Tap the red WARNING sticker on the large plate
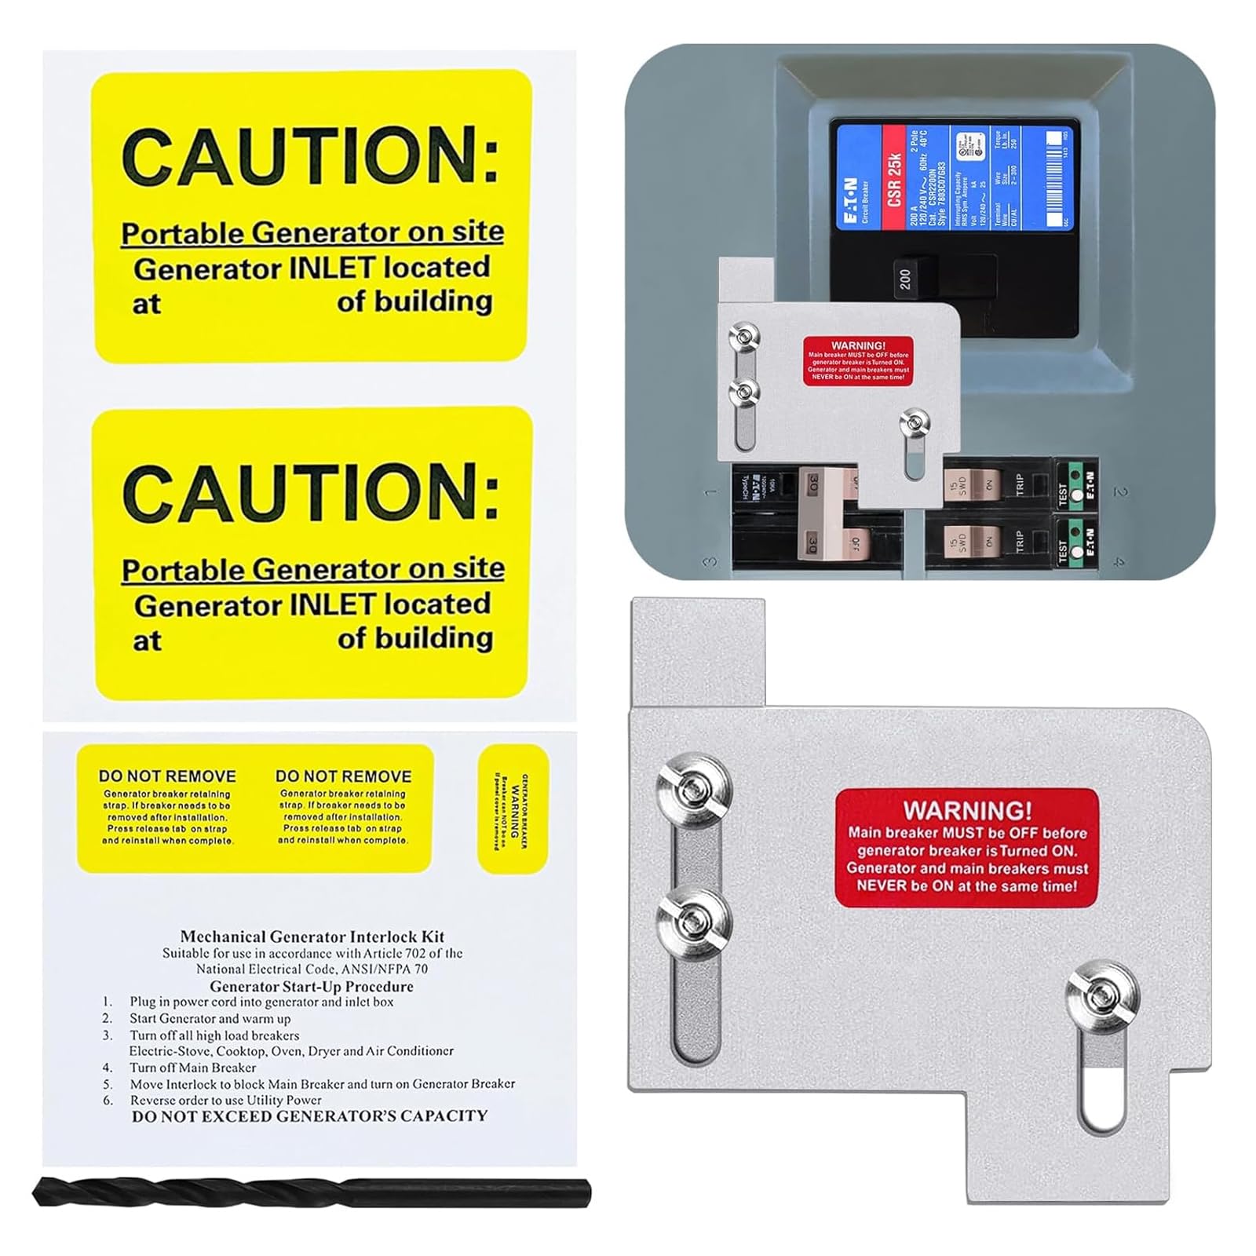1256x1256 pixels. coord(966,848)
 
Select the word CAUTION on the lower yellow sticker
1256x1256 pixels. coord(311,491)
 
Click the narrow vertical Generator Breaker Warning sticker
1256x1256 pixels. coord(513,809)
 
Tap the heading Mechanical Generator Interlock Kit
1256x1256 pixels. coord(312,937)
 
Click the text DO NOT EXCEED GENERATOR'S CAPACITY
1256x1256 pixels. coord(309,1115)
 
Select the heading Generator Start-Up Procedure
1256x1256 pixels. coord(311,986)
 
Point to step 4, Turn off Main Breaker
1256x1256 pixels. coord(192,1068)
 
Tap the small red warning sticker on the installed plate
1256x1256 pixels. coord(858,361)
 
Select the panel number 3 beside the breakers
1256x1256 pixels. coord(711,562)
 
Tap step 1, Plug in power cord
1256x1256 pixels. coord(261,1002)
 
